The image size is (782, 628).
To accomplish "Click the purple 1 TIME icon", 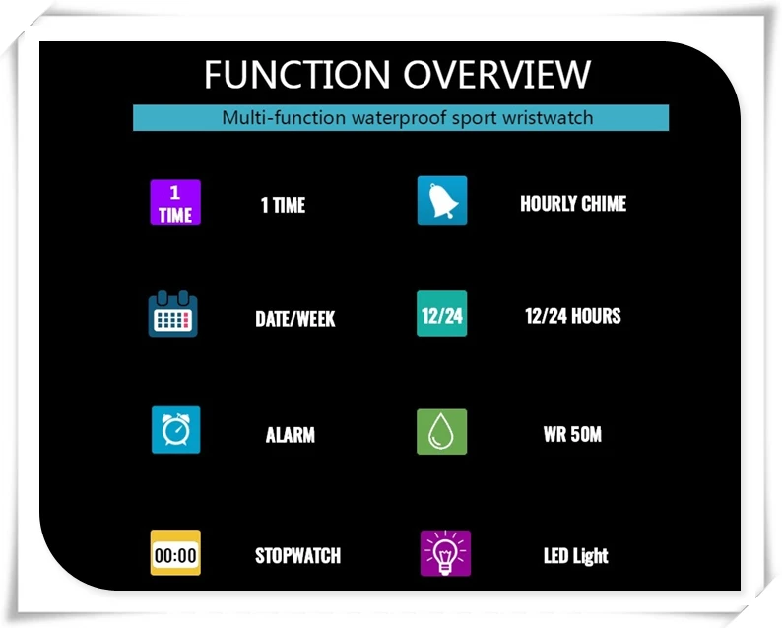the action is click(x=175, y=203).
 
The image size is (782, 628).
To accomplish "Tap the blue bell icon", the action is click(x=442, y=202).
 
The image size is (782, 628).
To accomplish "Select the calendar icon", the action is click(x=173, y=315).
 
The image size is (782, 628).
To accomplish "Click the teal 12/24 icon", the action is click(x=442, y=316).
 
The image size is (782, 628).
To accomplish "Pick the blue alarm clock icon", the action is click(x=175, y=430).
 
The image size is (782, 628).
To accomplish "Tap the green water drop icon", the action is click(x=442, y=432).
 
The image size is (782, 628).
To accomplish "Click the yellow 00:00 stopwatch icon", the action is click(x=175, y=554).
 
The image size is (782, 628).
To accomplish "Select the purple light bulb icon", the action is click(x=445, y=553).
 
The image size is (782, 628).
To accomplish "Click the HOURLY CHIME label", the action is click(x=573, y=204).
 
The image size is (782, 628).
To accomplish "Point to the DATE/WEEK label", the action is click(x=295, y=319).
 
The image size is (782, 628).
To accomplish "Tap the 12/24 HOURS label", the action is click(x=573, y=316).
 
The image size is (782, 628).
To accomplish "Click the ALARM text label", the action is click(x=291, y=434).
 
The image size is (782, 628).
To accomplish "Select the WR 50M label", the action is click(x=572, y=434).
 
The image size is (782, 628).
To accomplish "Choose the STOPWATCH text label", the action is click(x=297, y=555).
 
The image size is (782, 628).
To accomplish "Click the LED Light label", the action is click(x=576, y=556).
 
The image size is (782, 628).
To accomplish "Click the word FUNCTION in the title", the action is click(x=296, y=75).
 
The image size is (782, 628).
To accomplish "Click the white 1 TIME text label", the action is click(x=283, y=205).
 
